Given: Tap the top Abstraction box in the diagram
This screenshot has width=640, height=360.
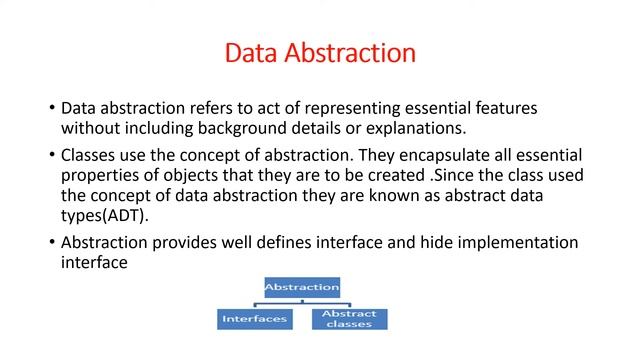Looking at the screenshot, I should [x=301, y=288].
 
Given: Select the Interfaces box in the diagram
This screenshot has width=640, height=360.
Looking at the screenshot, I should [x=253, y=320].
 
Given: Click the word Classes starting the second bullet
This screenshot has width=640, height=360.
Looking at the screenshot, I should [x=91, y=156].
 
